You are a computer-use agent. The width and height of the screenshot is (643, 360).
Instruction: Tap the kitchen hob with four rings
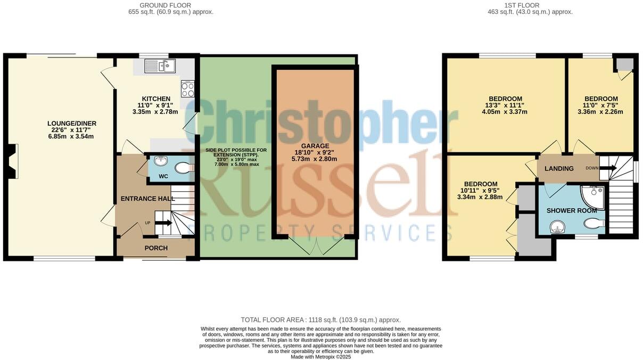(188, 88)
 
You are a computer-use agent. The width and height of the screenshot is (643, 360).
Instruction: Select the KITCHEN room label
(156, 99)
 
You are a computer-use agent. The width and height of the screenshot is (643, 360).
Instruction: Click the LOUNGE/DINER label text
(71, 124)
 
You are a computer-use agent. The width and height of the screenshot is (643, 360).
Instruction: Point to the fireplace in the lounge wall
(14, 161)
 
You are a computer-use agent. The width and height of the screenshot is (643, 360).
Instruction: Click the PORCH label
(156, 248)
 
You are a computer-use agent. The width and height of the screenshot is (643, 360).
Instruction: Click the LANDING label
(559, 169)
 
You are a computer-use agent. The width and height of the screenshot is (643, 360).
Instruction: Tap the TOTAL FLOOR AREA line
(320, 320)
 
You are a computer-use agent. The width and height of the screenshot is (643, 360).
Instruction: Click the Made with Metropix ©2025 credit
(320, 357)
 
